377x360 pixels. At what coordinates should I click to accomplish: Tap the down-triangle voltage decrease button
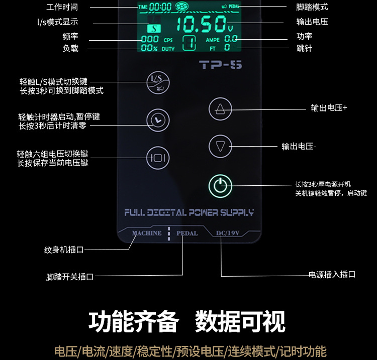(x=220, y=146)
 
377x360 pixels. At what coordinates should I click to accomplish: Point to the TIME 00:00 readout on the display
(x=154, y=7)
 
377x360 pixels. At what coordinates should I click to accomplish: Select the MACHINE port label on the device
(x=147, y=233)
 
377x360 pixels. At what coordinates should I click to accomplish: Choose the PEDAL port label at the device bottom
(x=187, y=233)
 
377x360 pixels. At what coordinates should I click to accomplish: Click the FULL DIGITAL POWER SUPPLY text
(x=189, y=212)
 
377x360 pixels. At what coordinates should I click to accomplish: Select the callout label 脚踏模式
(x=312, y=8)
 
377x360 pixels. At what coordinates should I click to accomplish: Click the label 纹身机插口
(x=63, y=250)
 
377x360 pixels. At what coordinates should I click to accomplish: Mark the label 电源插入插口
(x=332, y=275)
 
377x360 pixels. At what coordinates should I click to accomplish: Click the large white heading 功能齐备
(x=133, y=321)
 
